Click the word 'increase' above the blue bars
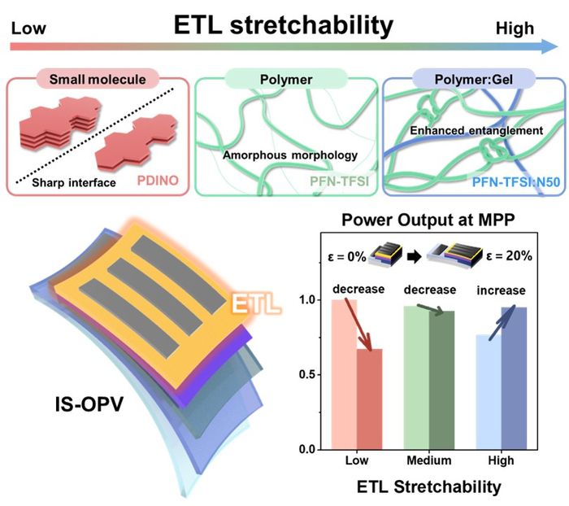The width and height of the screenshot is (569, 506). click(501, 290)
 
